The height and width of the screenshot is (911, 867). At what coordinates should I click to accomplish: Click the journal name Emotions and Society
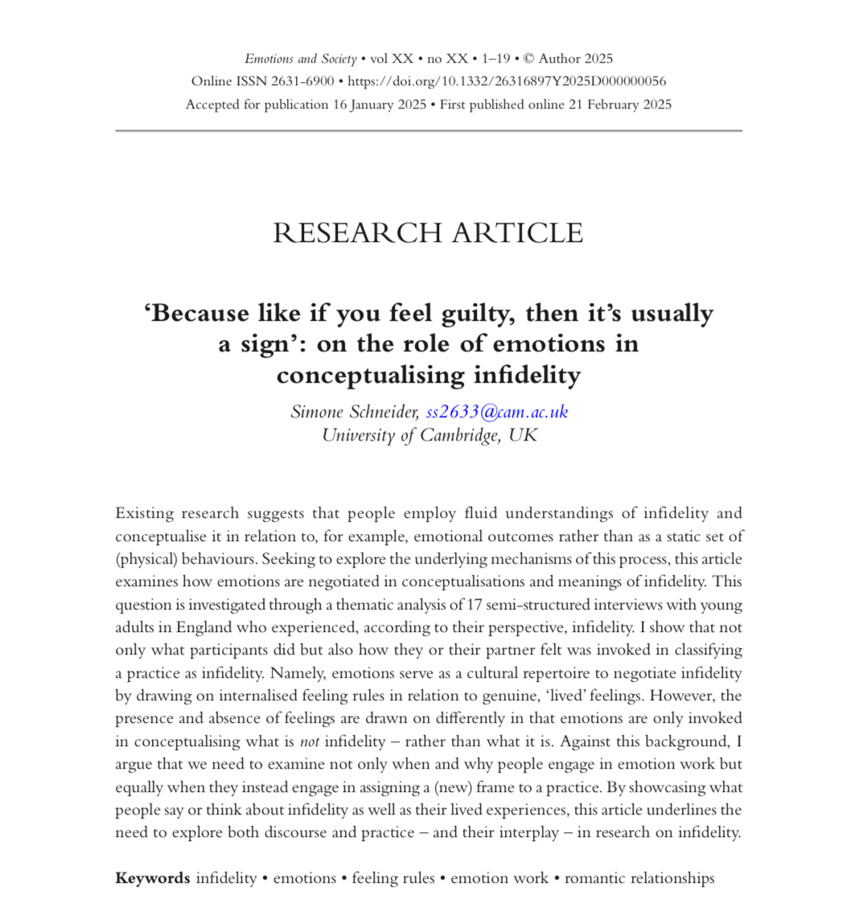(x=301, y=59)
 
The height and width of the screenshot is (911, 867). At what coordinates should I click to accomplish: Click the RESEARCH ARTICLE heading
(x=428, y=232)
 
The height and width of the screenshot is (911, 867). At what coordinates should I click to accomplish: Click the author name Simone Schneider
(x=355, y=412)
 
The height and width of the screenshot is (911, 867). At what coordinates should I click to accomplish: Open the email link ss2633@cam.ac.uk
(x=497, y=412)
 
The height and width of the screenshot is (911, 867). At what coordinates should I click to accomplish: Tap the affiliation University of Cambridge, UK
(x=429, y=436)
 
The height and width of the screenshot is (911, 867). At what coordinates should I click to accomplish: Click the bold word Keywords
(x=153, y=878)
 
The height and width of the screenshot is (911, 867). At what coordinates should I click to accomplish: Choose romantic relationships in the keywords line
(x=639, y=878)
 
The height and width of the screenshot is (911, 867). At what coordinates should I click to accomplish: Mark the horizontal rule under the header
(x=428, y=130)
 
